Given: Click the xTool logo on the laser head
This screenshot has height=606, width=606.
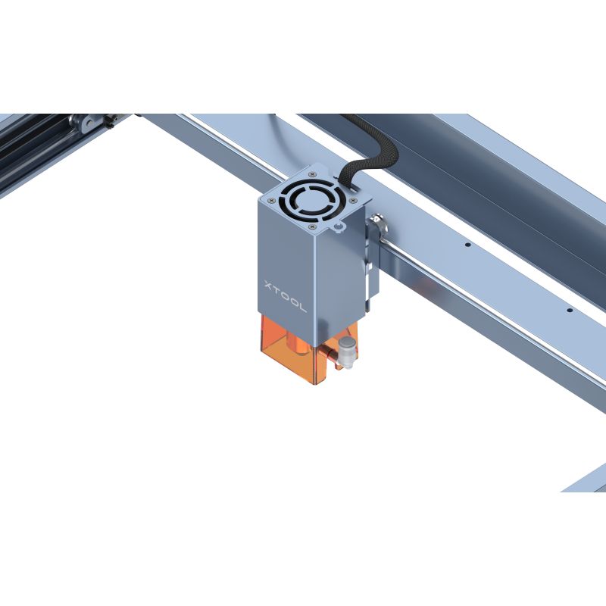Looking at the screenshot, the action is (x=286, y=295).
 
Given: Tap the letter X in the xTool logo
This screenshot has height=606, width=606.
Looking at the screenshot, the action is (x=269, y=286).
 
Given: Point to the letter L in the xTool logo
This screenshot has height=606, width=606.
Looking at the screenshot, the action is (x=301, y=307).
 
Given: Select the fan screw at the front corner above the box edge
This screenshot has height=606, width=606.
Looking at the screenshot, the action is (x=313, y=226).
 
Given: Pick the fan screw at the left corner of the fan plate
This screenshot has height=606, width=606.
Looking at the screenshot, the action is (x=271, y=200).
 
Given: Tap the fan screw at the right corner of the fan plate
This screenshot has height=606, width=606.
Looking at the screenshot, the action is (x=352, y=200).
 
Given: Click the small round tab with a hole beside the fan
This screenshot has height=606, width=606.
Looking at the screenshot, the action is (x=339, y=228).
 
